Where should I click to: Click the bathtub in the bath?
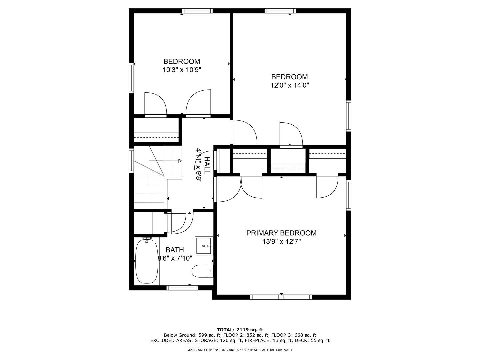147,261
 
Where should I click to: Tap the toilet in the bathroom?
202,271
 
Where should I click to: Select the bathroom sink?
204,246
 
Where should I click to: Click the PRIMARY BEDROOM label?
281,233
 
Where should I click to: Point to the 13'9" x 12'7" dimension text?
281,242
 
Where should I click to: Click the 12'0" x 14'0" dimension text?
290,85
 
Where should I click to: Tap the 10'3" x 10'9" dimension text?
182,70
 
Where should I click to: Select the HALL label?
207,165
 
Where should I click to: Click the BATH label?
175,250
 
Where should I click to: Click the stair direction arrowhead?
180,161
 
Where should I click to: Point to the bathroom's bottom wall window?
182,288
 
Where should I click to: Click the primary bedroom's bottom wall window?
281,297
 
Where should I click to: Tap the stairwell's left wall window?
131,161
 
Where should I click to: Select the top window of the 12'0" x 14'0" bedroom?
280,11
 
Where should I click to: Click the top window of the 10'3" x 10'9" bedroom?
197,11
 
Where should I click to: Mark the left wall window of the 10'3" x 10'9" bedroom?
131,78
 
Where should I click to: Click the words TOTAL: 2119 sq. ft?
240,330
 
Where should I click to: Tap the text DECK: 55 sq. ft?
312,340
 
